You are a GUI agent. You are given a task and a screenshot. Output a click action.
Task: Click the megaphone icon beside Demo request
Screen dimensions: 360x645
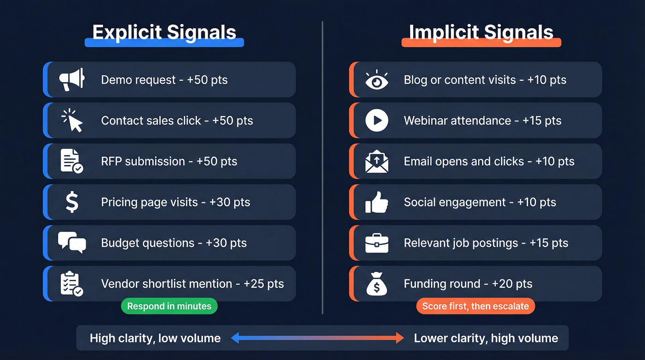pyautogui.click(x=72, y=79)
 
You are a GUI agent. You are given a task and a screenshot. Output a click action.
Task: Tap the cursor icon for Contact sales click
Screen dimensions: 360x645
pyautogui.click(x=72, y=120)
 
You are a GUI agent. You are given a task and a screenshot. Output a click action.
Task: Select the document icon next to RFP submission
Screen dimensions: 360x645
pyautogui.click(x=72, y=161)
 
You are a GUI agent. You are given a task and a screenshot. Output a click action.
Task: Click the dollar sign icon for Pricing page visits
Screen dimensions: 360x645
pyautogui.click(x=72, y=202)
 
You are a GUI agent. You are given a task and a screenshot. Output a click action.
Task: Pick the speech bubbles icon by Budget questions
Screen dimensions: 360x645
pyautogui.click(x=72, y=242)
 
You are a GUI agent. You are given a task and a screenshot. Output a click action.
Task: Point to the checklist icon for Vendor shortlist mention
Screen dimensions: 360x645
pyautogui.click(x=72, y=284)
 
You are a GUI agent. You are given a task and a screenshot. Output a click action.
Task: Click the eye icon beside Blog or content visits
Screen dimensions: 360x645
pyautogui.click(x=376, y=80)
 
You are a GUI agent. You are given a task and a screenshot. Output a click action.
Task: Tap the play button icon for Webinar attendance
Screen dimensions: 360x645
pyautogui.click(x=376, y=120)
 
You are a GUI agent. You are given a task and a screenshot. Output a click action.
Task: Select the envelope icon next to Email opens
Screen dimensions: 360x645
pyautogui.click(x=376, y=161)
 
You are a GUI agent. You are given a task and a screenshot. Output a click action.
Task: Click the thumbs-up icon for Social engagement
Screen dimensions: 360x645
pyautogui.click(x=376, y=202)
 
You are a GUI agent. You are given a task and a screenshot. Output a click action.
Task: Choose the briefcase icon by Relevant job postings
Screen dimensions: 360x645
pyautogui.click(x=376, y=243)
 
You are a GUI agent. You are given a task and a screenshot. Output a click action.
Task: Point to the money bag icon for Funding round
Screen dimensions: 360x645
pyautogui.click(x=376, y=284)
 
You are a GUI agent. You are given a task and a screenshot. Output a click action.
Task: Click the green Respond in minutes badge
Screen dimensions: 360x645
pyautogui.click(x=169, y=306)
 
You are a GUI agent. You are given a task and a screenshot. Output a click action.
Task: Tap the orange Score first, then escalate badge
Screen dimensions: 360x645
pyautogui.click(x=475, y=306)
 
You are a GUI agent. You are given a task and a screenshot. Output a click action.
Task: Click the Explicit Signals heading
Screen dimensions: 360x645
pyautogui.click(x=164, y=32)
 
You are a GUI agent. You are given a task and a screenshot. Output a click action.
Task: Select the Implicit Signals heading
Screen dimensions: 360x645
pyautogui.click(x=481, y=32)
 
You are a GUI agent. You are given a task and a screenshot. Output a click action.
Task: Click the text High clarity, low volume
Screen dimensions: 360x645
pyautogui.click(x=155, y=338)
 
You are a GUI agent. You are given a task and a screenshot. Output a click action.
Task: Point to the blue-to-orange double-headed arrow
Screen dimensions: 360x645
pyautogui.click(x=317, y=338)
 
